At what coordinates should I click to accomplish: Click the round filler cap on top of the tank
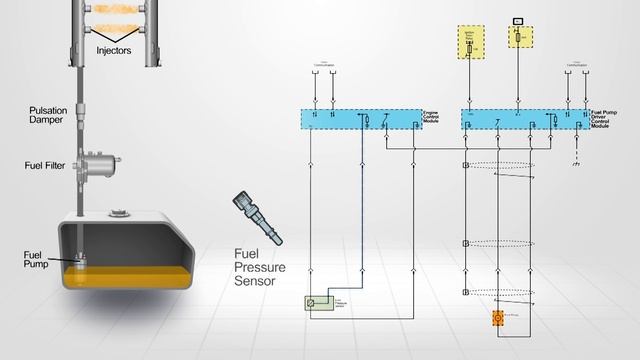click(121, 211)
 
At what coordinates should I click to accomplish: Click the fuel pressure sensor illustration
click(253, 212)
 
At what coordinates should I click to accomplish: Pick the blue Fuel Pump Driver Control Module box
click(525, 119)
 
